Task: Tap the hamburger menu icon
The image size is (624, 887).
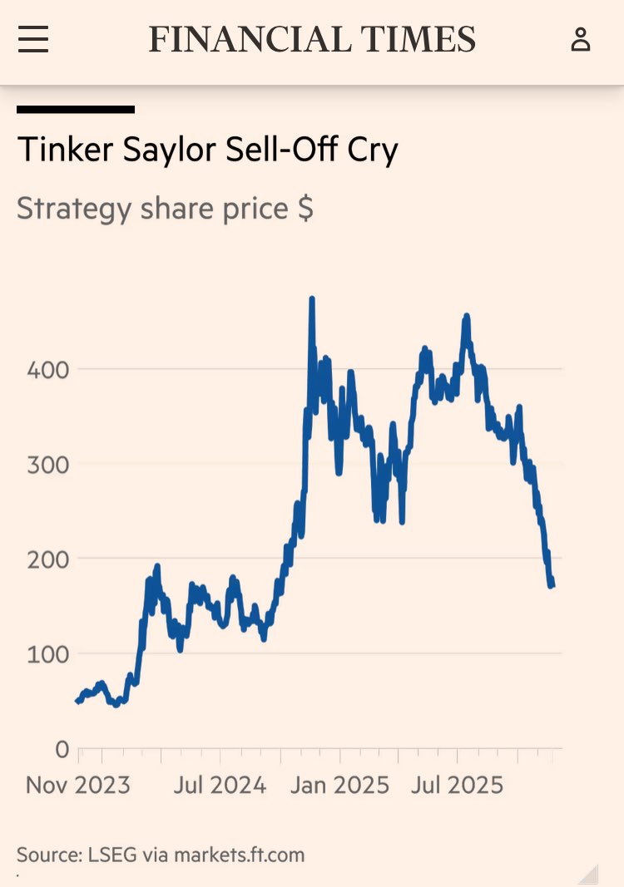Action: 33,39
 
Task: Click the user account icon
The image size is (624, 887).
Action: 580,39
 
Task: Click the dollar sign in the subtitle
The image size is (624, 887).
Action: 305,208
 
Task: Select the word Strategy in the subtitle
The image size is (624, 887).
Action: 74,208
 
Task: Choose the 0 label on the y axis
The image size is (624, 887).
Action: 61,749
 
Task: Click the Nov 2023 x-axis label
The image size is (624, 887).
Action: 78,785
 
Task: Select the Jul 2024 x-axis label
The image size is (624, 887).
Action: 220,785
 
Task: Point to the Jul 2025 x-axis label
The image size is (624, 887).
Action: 457,785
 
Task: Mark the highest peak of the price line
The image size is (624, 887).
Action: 311,299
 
